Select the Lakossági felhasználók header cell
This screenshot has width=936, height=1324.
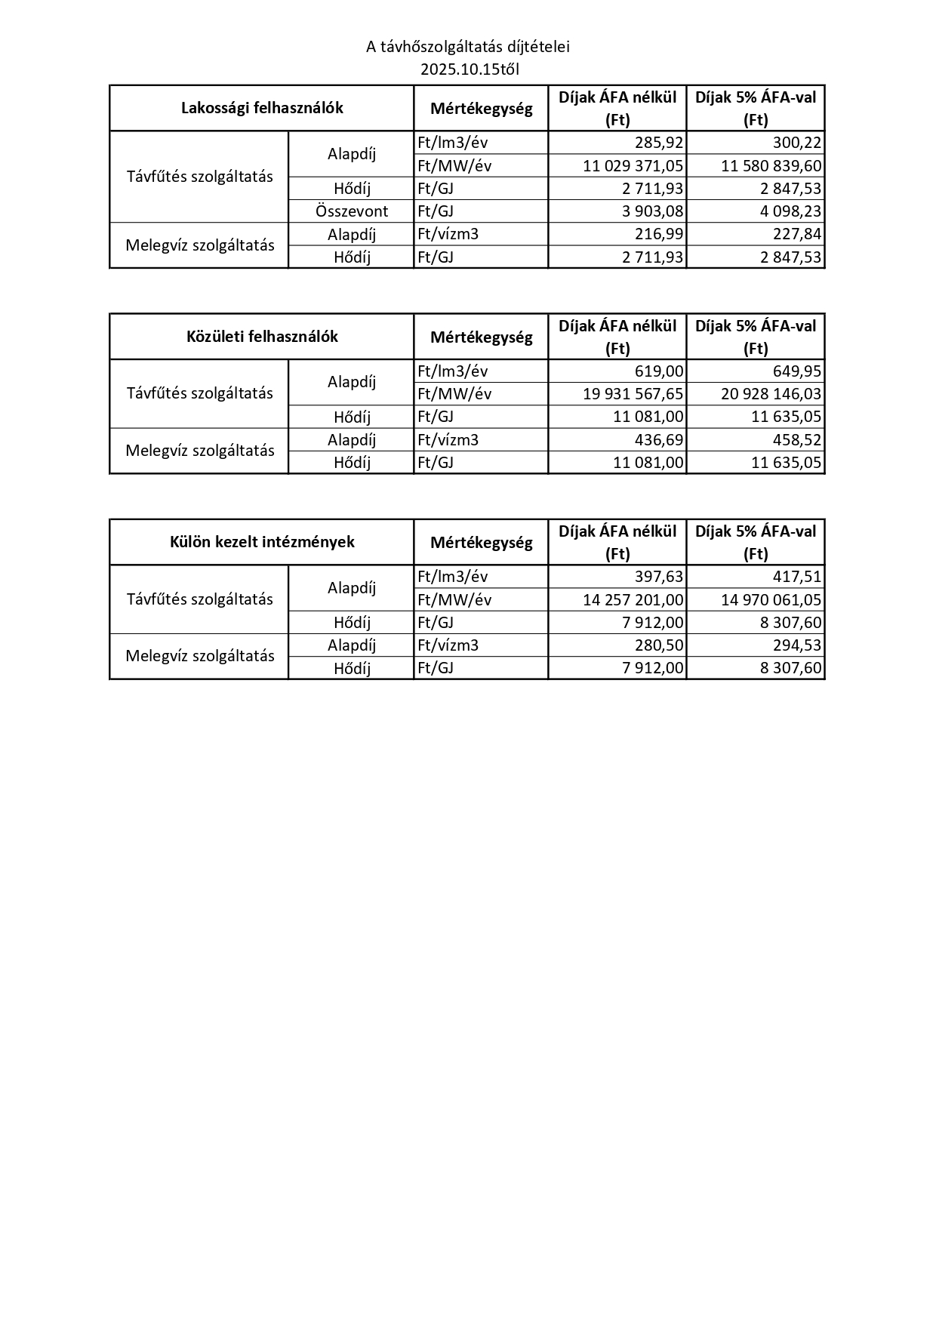(x=262, y=108)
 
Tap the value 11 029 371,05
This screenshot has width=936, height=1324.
(x=633, y=166)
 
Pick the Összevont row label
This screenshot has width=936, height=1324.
(x=352, y=211)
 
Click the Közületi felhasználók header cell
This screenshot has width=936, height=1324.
(x=262, y=337)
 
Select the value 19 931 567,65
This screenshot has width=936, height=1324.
(x=633, y=394)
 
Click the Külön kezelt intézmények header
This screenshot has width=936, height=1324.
(x=262, y=542)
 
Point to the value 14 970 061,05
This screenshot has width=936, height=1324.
(x=771, y=600)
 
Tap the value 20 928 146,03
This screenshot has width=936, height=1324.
(x=771, y=394)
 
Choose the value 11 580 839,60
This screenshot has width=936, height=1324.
(x=771, y=166)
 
